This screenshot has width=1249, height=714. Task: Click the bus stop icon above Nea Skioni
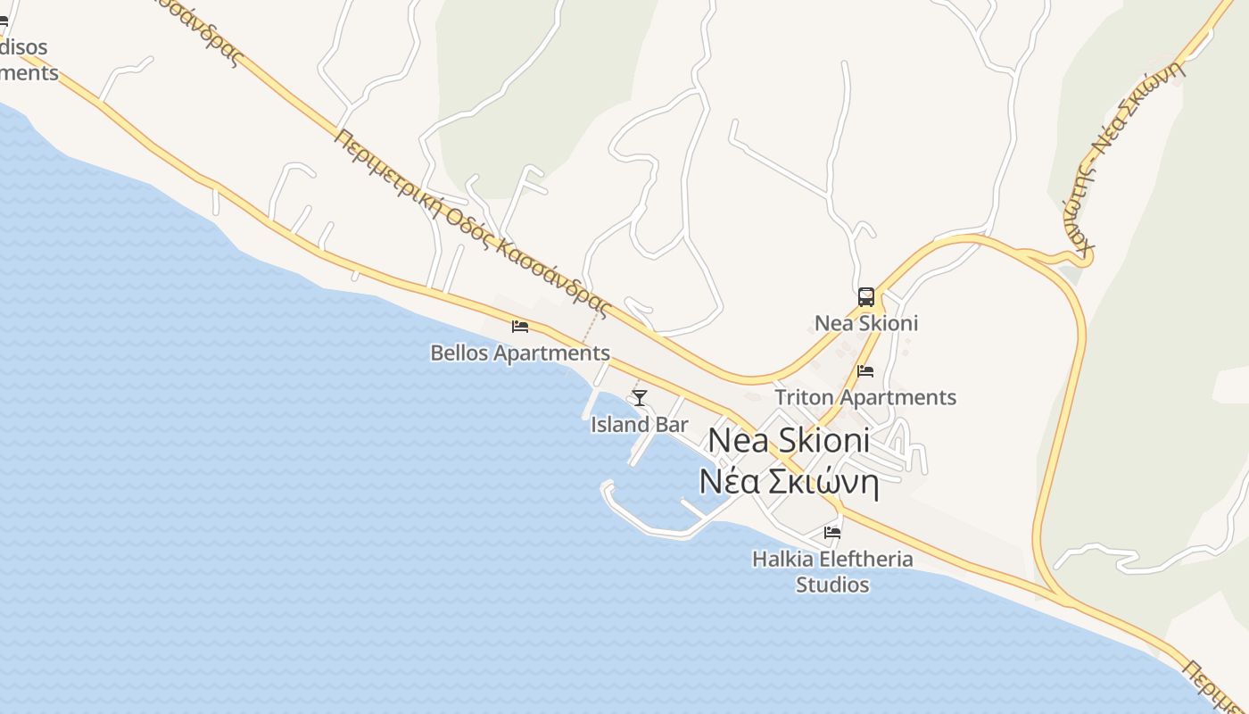pyautogui.click(x=865, y=297)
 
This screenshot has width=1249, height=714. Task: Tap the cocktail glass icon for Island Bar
pyautogui.click(x=639, y=397)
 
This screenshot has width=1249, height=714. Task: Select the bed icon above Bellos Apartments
pyautogui.click(x=520, y=327)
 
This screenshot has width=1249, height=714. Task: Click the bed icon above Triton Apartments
pyautogui.click(x=864, y=371)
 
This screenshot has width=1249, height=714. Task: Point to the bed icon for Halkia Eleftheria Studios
pyautogui.click(x=832, y=533)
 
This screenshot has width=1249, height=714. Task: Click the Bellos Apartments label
pyautogui.click(x=520, y=353)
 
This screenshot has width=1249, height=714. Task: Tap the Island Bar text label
pyautogui.click(x=639, y=424)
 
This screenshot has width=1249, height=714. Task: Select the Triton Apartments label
pyautogui.click(x=865, y=397)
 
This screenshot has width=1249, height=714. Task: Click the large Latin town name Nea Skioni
pyautogui.click(x=789, y=440)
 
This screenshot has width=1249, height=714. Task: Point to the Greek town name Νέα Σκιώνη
pyautogui.click(x=789, y=483)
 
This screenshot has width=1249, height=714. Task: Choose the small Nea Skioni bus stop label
pyautogui.click(x=865, y=323)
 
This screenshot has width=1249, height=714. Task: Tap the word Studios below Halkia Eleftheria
pyautogui.click(x=832, y=585)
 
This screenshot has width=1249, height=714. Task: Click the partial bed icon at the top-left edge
pyautogui.click(x=4, y=21)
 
